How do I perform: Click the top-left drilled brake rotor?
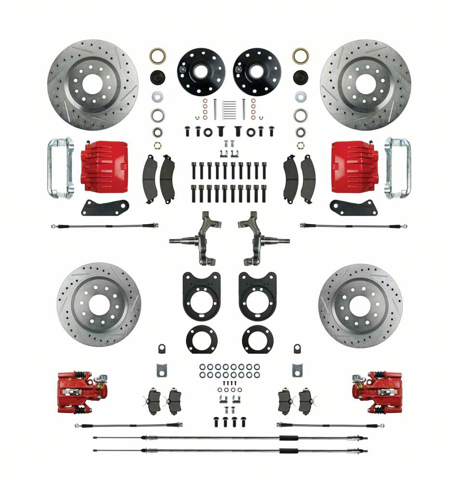(x=92, y=85)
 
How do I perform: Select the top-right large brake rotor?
(x=365, y=85)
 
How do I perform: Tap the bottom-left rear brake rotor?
(x=99, y=304)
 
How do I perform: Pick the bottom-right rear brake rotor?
(x=360, y=305)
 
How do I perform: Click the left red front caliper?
(x=104, y=166)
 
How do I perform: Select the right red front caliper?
(x=354, y=166)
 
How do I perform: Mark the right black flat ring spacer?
(x=258, y=339)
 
